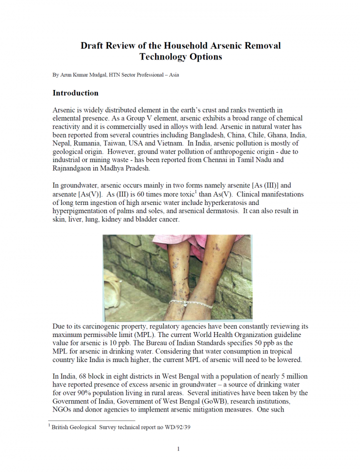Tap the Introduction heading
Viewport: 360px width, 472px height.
[75, 93]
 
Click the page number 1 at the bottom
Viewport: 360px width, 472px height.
[178, 449]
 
